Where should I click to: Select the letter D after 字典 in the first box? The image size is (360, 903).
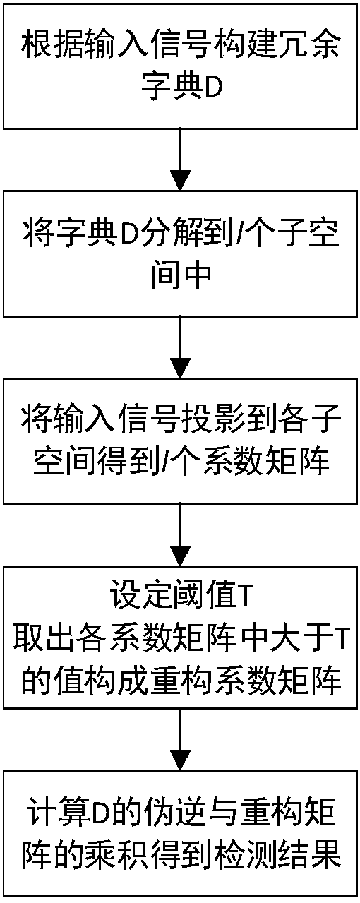pyautogui.click(x=213, y=88)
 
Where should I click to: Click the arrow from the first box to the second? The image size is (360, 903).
pyautogui.click(x=180, y=160)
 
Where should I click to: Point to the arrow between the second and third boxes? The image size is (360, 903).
pyautogui.click(x=180, y=347)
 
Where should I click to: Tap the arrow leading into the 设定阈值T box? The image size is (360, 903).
pyautogui.click(x=180, y=535)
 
